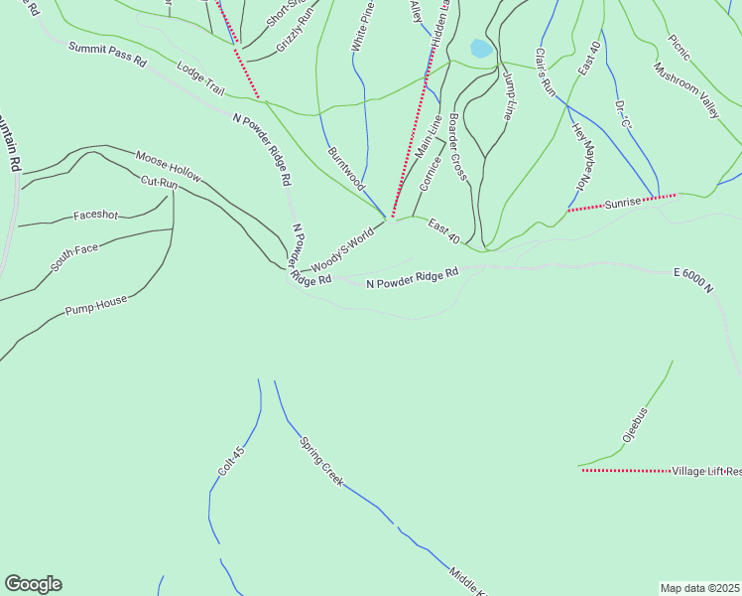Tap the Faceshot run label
click(95, 216)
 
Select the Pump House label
click(96, 304)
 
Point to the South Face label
click(75, 255)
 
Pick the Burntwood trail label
click(346, 169)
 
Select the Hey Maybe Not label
click(588, 157)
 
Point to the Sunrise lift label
click(625, 202)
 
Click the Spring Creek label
click(321, 460)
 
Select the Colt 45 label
click(230, 459)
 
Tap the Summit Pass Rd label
click(107, 54)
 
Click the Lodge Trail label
click(200, 78)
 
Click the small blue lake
click(481, 48)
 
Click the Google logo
click(33, 584)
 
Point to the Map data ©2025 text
click(699, 588)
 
